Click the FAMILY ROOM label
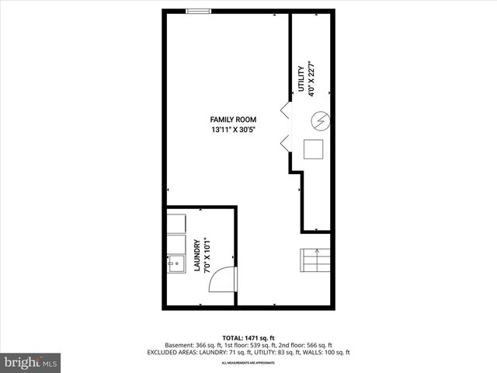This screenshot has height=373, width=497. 233,119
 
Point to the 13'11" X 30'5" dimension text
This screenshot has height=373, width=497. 233,130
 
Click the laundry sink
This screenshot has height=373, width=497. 175,264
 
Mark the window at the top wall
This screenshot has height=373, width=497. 199,11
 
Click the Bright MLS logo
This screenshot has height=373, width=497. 31,362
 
